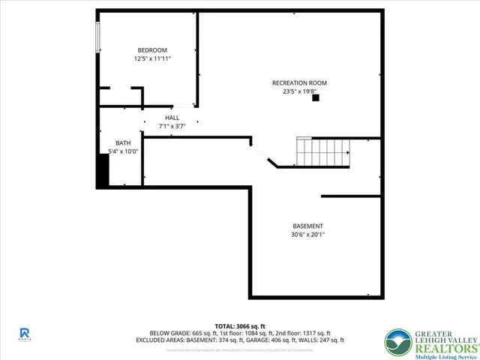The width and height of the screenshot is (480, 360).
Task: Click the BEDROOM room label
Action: [x=151, y=49]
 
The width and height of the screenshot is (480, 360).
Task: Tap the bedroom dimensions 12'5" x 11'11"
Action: [x=151, y=58]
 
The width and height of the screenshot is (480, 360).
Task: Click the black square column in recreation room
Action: [x=316, y=97]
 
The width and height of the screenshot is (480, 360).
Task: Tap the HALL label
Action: [x=172, y=118]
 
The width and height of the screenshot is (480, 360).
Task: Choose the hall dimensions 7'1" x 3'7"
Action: [x=172, y=126]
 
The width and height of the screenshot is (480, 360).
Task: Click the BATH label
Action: [x=123, y=142]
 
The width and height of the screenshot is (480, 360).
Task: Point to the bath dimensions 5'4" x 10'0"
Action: [x=123, y=151]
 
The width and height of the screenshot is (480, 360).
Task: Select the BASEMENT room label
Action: [x=308, y=226]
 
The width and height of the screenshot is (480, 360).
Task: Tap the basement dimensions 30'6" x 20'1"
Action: [x=308, y=235]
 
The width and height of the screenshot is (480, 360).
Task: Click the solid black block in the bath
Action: [x=103, y=172]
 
